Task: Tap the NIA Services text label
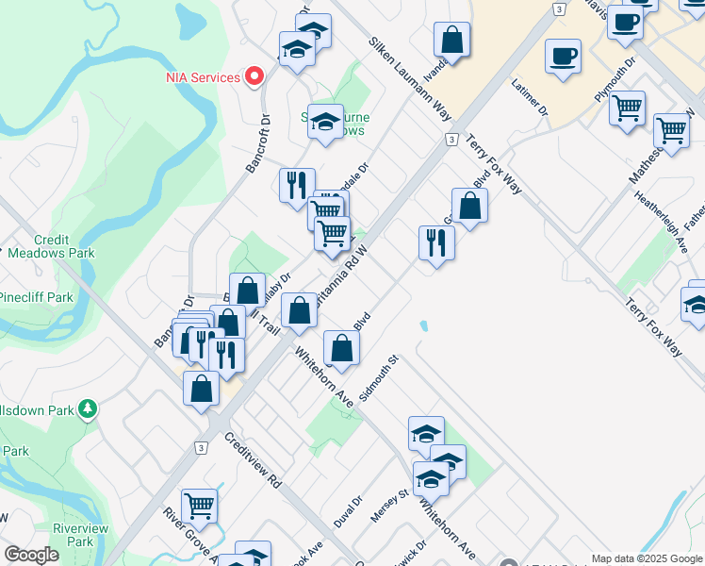click(x=203, y=76)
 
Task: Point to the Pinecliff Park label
click(x=36, y=297)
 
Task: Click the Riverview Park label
click(x=80, y=535)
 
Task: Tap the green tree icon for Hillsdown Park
click(x=88, y=408)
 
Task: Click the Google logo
click(x=31, y=555)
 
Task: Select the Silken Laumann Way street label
click(x=411, y=82)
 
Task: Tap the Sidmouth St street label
click(x=380, y=377)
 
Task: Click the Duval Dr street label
click(x=347, y=512)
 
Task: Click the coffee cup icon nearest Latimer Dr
click(x=563, y=56)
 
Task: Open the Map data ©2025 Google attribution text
click(x=647, y=558)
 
